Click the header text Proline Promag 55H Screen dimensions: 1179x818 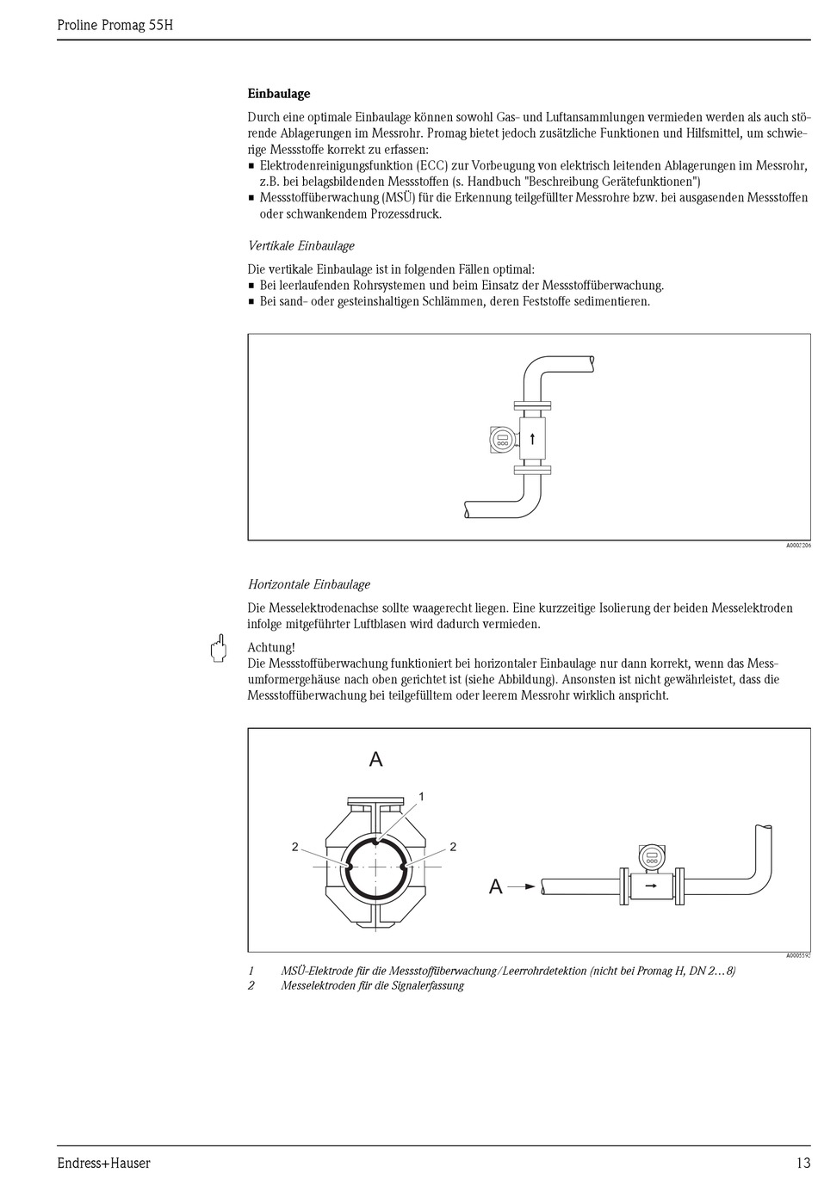115,25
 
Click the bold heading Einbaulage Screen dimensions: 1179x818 278,94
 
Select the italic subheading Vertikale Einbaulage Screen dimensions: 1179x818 301,246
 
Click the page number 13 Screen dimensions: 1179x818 803,1163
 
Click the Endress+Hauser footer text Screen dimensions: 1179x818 103,1163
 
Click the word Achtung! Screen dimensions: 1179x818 271,647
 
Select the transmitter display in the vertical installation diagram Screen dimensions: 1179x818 501,440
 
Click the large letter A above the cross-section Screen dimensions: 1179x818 375,759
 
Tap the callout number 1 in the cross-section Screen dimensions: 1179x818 422,796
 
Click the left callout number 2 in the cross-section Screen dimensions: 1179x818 294,847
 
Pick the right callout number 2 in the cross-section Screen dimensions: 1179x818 453,847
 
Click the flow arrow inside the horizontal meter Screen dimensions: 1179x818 651,885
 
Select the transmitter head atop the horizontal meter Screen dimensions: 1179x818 652,856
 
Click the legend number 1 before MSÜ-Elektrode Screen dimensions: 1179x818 251,971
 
